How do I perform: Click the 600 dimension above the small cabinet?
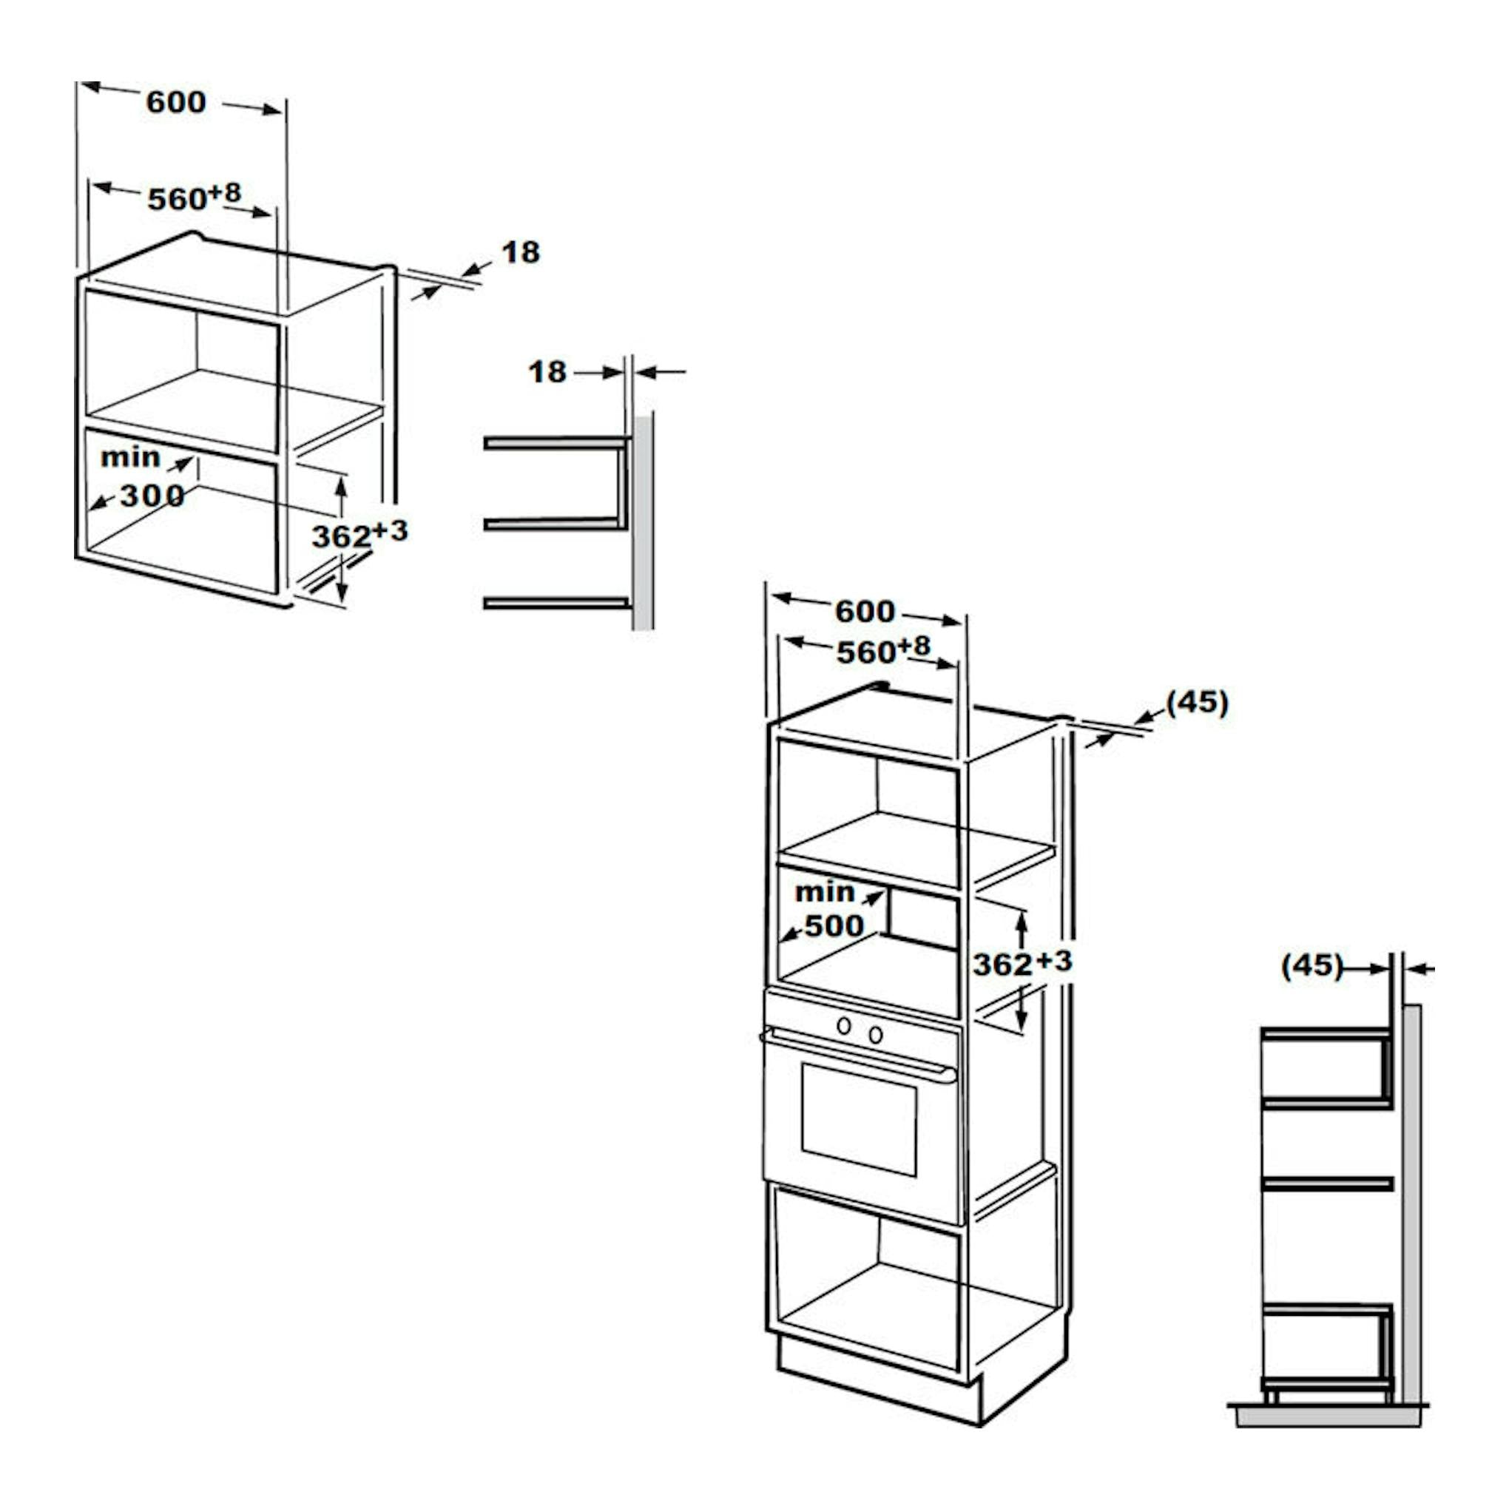(176, 101)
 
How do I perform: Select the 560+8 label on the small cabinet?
(195, 197)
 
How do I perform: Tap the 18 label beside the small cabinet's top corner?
(520, 252)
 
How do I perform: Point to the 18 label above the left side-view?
(547, 372)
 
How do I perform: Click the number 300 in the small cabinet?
(152, 495)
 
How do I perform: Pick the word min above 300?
(130, 457)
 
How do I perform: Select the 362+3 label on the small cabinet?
(360, 535)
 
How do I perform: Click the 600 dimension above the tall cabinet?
(865, 612)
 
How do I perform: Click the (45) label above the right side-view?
(1312, 965)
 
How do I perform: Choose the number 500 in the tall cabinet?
(834, 925)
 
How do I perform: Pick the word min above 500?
(825, 891)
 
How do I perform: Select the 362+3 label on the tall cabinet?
(1022, 963)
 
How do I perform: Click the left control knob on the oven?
(843, 1025)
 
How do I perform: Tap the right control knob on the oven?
(876, 1034)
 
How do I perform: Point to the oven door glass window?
(859, 1120)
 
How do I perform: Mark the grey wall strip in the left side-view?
(644, 521)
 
